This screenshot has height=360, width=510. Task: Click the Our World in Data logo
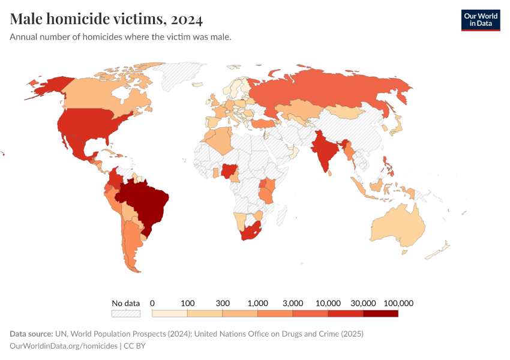pos(480,20)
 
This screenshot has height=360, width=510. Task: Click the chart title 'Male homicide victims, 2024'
pos(106,19)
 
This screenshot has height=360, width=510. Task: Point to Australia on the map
pos(399,225)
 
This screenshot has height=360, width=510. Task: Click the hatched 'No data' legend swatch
pos(126,313)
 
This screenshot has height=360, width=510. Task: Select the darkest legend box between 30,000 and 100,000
pos(380,313)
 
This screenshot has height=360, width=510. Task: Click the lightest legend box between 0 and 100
pos(170,313)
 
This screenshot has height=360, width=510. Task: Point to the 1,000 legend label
pos(257,303)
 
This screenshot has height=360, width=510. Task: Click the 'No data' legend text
pos(126,303)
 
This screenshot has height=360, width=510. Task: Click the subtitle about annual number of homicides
pos(121,37)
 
